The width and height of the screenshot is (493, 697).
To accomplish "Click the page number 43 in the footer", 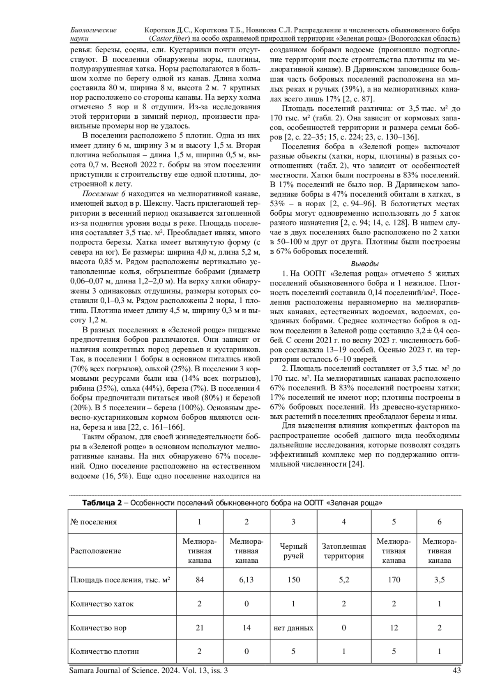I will point(456,671).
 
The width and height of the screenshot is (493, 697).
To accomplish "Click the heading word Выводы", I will point(365,264).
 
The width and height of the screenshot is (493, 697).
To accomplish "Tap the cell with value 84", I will point(200,580).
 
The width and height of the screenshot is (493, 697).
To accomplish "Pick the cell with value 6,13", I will point(246,580).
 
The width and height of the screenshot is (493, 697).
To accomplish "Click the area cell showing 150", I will point(293,580).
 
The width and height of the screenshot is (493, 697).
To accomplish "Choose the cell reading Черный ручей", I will point(293,551).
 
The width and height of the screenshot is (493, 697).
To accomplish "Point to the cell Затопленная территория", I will point(343,551).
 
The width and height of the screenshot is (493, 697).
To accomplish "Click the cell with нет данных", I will point(293,628).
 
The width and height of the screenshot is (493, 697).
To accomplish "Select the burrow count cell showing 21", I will point(200,628).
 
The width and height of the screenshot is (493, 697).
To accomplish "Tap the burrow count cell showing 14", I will point(246,628).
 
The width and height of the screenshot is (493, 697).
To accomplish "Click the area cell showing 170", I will point(394,580).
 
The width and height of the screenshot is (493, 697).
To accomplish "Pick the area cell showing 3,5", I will point(439,580).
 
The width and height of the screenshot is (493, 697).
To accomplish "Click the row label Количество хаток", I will point(102,604).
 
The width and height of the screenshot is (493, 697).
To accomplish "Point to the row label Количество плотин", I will point(105,651).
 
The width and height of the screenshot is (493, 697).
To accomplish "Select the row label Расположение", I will point(96,551).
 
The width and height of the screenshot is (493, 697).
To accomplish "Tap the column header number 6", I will point(439,522).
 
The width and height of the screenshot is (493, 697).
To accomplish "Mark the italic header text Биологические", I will point(94,30).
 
